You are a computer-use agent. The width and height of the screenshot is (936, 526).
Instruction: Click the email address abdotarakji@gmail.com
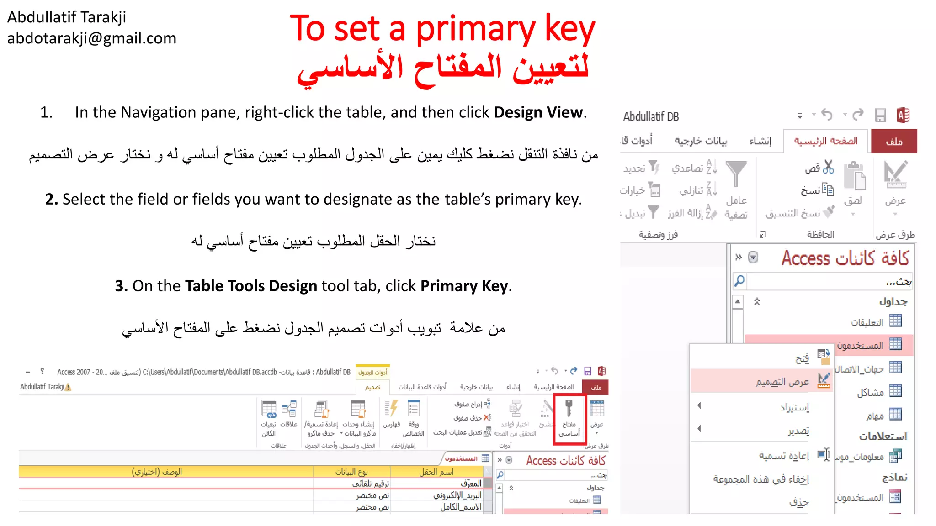[x=91, y=38]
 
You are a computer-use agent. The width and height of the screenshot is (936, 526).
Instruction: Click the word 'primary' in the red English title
[x=475, y=29]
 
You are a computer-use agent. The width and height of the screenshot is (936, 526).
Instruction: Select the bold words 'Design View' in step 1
[x=538, y=112]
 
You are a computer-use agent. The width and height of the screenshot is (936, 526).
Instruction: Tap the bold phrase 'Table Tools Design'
[x=251, y=286]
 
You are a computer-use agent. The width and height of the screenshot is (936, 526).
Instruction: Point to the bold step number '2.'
[x=51, y=199]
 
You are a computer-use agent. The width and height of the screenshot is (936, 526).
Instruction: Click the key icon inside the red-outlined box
[x=569, y=408]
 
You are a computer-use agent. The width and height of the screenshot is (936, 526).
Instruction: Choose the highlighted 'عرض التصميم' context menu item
[x=782, y=382]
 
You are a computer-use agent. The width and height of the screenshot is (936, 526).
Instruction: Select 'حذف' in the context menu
[x=798, y=503]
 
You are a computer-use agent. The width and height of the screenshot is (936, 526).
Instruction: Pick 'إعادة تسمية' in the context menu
[x=784, y=455]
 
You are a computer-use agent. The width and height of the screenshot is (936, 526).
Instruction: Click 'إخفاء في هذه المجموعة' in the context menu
[x=760, y=479]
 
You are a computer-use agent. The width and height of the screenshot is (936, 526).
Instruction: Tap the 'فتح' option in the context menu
[x=802, y=358]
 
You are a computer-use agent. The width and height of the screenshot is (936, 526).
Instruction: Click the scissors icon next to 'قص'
[x=828, y=167]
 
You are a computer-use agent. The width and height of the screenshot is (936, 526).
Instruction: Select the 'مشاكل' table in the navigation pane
[x=870, y=392]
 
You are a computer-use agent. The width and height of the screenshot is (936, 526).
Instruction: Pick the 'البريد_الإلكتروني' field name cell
[x=457, y=495]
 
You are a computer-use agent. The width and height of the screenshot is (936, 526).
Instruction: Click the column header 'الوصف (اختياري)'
[x=157, y=472]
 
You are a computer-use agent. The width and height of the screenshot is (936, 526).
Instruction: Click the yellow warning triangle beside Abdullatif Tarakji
[x=68, y=387]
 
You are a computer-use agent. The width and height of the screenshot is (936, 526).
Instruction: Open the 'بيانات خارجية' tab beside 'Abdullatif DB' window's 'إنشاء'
[x=701, y=141]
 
